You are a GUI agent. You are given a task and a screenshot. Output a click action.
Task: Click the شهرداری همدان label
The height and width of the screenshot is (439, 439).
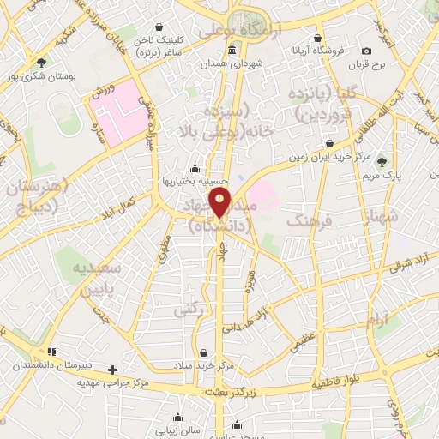pyautogui.click(x=235, y=63)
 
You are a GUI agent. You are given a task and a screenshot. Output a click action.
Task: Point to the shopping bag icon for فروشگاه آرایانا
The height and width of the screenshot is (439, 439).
pyautogui.click(x=318, y=39)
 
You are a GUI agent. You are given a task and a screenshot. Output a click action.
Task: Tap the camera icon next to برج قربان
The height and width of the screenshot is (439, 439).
pyautogui.click(x=367, y=51)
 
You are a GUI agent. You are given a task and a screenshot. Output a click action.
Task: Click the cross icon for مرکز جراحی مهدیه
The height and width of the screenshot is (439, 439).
pyautogui.click(x=112, y=370)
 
